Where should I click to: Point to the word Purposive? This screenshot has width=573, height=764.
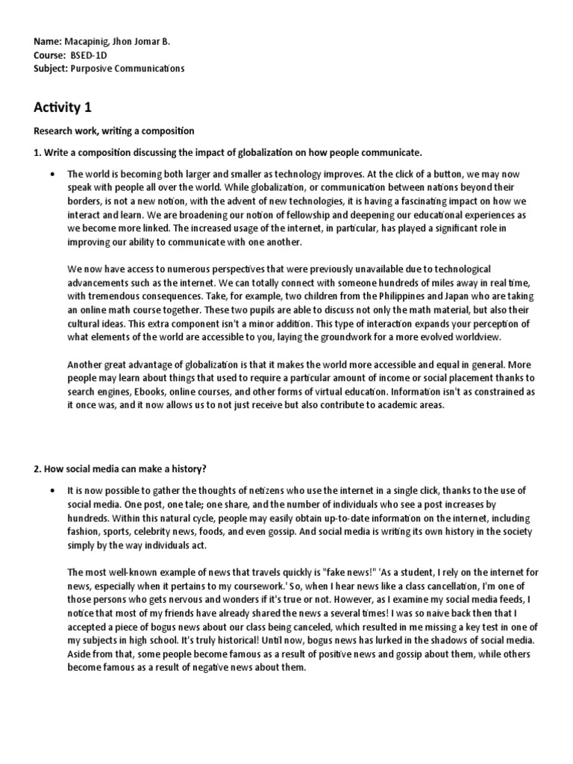click(x=93, y=69)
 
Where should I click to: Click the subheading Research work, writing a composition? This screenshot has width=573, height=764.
click(x=113, y=131)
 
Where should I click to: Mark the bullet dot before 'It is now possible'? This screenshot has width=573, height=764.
click(x=51, y=490)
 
